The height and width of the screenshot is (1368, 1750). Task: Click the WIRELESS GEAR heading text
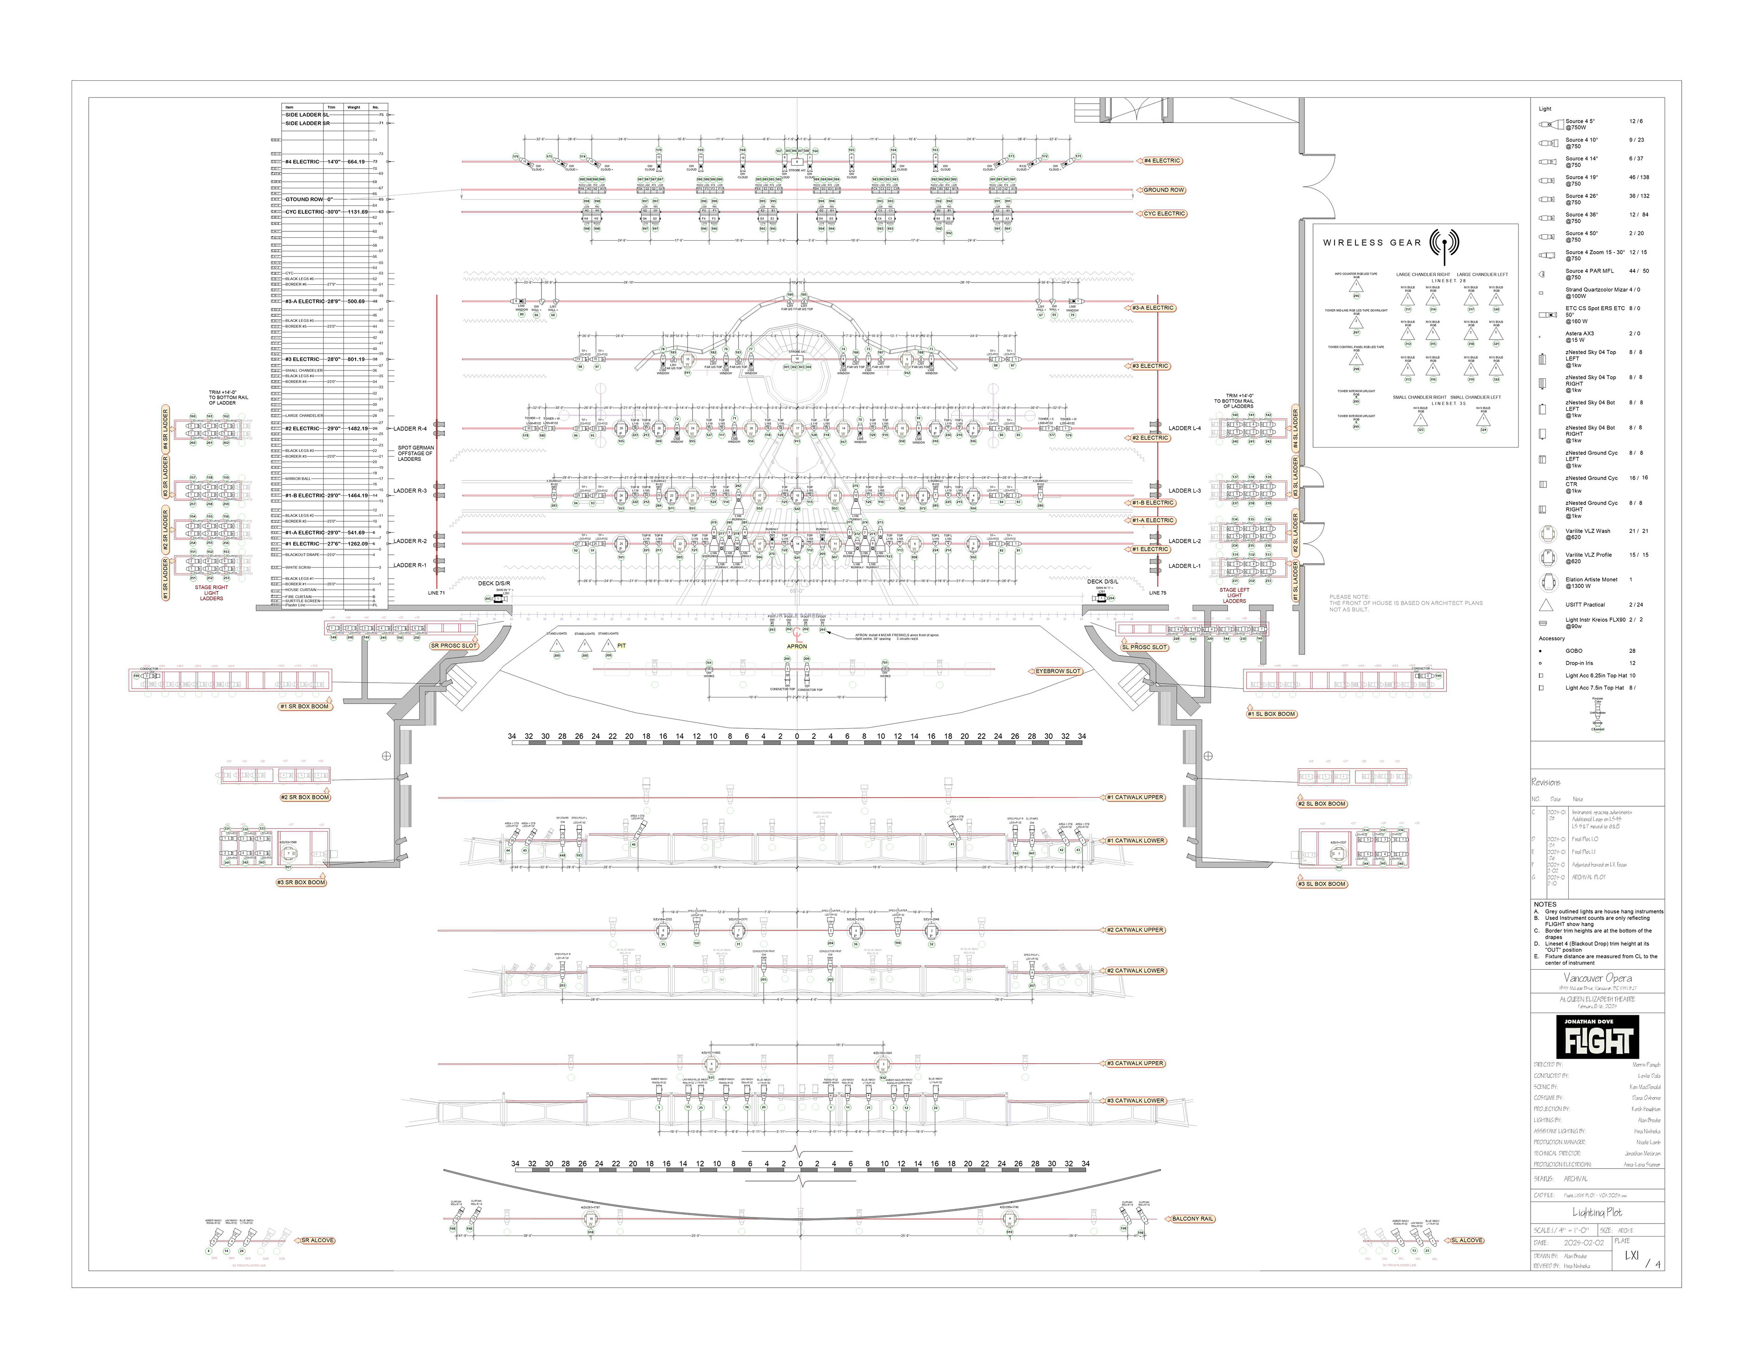pyautogui.click(x=1372, y=243)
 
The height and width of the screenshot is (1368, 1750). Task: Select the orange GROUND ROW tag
pyautogui.click(x=1163, y=191)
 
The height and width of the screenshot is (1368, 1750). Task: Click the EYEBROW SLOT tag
pyautogui.click(x=1058, y=671)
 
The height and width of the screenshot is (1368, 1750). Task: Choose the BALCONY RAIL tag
pyautogui.click(x=1192, y=1219)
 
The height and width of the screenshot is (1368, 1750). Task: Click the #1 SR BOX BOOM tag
pyautogui.click(x=304, y=706)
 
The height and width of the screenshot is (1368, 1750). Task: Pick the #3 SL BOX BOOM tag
pyautogui.click(x=1321, y=884)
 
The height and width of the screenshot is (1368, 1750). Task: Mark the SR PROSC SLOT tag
pyautogui.click(x=454, y=645)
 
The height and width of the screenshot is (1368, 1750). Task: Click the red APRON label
pyautogui.click(x=797, y=646)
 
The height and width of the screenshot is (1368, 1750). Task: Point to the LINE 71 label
pyautogui.click(x=436, y=593)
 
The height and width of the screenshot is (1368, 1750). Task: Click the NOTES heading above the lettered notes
pyautogui.click(x=1545, y=904)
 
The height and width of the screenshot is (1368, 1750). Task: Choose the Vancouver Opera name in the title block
pyautogui.click(x=1597, y=978)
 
